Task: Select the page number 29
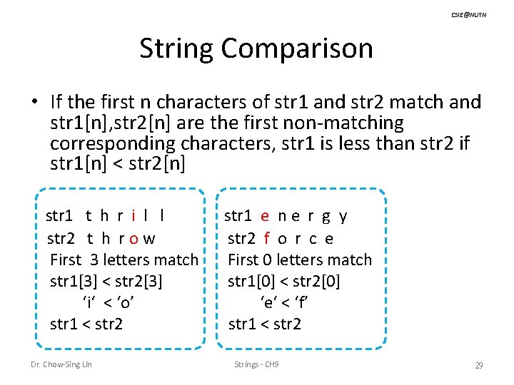tap(479, 365)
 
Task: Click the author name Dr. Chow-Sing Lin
tap(62, 365)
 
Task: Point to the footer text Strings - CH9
tap(257, 365)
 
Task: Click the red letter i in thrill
tap(134, 216)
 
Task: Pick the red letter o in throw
tap(134, 238)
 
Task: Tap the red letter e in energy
tap(265, 216)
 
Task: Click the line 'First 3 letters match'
tap(124, 260)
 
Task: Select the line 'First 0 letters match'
tap(300, 260)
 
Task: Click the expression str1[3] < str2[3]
tap(106, 281)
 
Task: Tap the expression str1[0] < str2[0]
tap(284, 281)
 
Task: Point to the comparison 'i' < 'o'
tap(109, 302)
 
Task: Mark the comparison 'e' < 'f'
tap(284, 302)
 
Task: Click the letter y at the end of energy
tap(343, 216)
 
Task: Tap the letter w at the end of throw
tap(150, 238)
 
